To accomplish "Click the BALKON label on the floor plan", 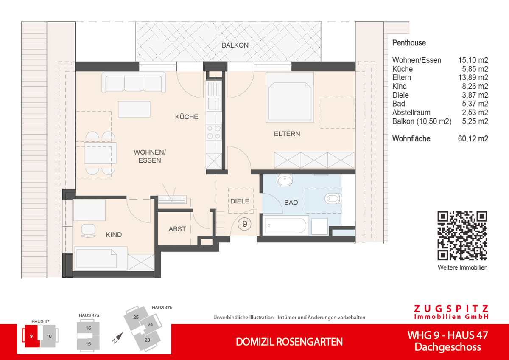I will (235, 45).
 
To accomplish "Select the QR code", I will (462, 236).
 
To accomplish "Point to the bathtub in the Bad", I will (285, 225).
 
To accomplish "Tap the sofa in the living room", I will (133, 82).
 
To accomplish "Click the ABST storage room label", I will (177, 229).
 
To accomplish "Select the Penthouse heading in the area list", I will (409, 43).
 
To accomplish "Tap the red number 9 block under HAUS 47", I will (31, 336).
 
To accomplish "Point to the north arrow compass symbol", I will (117, 337).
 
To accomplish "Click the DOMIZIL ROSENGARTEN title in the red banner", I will (289, 342).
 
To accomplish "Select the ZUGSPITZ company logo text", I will (451, 309).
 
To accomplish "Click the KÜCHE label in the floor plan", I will (187, 117).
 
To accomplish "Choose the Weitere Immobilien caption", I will (462, 267).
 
